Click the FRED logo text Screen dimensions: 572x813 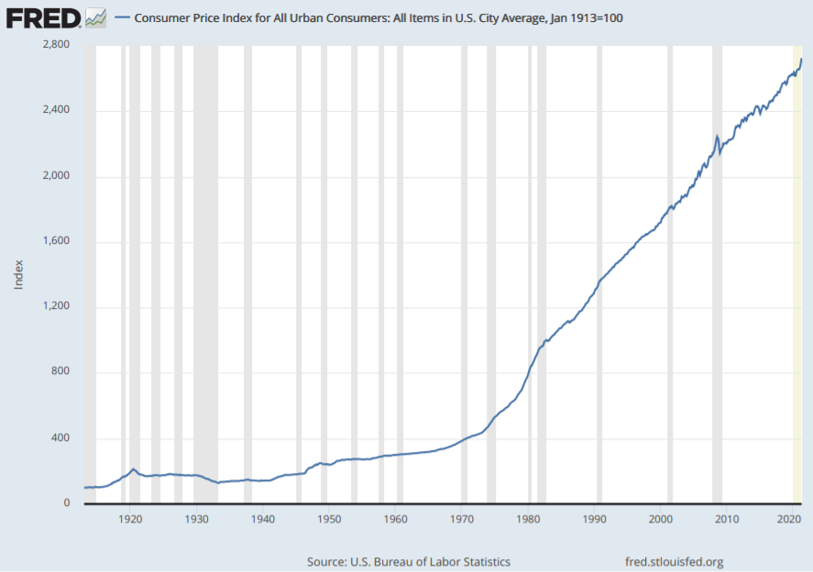point(42,16)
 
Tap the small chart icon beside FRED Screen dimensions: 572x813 point(95,17)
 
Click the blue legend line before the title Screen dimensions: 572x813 point(121,18)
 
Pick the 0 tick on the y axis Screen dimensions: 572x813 point(67,503)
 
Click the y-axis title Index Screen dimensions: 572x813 point(19,274)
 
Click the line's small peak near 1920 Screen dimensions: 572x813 point(134,469)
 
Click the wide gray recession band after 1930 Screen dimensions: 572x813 point(205,275)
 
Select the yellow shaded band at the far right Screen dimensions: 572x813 point(797,275)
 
